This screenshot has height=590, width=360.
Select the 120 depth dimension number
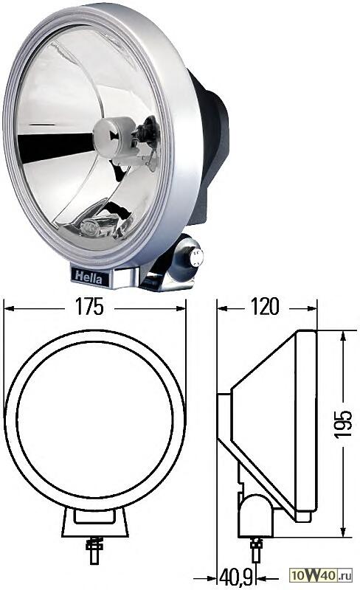(x=265, y=308)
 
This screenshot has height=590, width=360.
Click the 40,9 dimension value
(x=237, y=574)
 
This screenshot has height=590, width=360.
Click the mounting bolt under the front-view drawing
(x=94, y=549)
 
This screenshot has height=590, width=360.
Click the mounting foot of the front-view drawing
(x=94, y=524)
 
